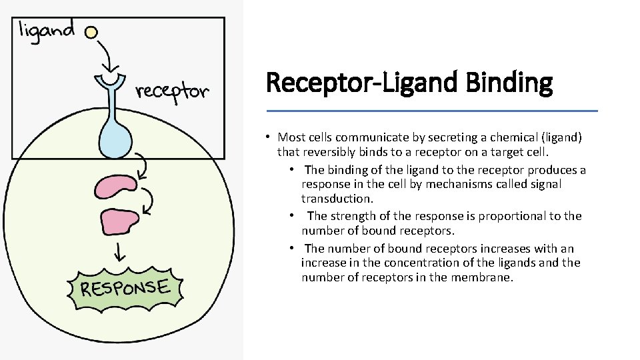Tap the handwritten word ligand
(47, 31)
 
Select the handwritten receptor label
(172, 91)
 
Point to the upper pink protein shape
(116, 187)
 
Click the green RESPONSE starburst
(125, 289)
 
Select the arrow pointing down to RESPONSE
(120, 251)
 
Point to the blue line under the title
(432, 111)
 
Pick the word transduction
(336, 199)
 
